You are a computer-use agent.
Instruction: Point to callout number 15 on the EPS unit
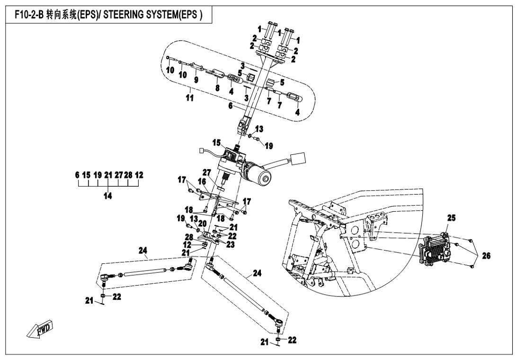tap(217, 142)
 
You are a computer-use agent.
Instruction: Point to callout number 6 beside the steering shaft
tap(231, 108)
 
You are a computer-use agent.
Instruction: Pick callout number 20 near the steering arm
tap(202, 224)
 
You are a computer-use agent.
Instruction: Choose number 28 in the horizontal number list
tap(127, 175)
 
